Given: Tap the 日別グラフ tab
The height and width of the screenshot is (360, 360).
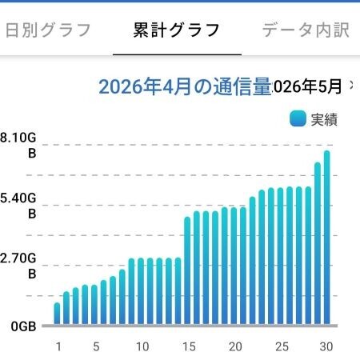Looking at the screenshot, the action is (48, 30).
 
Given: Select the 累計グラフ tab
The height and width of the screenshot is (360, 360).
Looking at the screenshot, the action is (176, 30).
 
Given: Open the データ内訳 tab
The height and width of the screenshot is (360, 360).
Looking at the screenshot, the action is (306, 30).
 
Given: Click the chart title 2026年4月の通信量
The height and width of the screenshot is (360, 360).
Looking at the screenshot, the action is (185, 86).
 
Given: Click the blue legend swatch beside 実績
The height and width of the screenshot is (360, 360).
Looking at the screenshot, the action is (298, 118).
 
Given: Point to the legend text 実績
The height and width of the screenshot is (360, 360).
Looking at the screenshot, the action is (324, 119).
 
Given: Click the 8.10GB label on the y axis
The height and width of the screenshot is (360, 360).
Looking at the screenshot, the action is (18, 146).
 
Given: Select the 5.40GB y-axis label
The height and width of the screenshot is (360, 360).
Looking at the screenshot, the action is (18, 206).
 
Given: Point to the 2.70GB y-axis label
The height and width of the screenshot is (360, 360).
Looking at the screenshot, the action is (18, 266).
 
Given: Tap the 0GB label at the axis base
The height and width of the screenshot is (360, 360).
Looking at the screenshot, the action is (23, 326).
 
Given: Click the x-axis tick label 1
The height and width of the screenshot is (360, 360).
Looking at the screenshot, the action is (58, 346).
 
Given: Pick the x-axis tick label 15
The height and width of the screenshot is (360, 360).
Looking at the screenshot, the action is (189, 346).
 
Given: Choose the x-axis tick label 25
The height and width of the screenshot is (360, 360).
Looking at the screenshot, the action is (282, 346).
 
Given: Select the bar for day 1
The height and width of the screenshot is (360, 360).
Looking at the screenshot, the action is (57, 314).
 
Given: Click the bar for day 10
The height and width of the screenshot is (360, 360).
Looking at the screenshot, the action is (141, 291).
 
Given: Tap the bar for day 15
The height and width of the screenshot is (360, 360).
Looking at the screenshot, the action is (187, 270).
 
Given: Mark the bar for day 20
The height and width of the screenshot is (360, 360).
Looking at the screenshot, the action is (234, 266).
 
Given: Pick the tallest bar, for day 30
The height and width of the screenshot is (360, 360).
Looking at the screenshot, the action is (327, 238).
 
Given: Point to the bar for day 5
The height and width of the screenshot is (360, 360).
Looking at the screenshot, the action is (94, 305).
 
